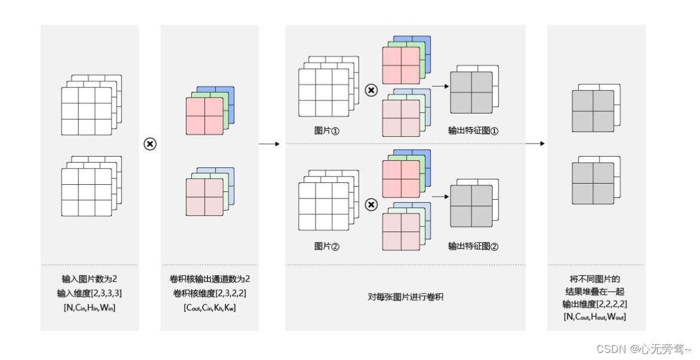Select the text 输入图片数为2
tap(90, 279)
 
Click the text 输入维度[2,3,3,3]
tap(90, 293)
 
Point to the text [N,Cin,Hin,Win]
tap(90, 307)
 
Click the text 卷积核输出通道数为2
tap(210, 279)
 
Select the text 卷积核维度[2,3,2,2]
tap(210, 293)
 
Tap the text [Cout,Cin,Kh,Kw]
tap(210, 307)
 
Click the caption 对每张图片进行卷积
tap(406, 297)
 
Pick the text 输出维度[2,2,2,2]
tap(596, 304)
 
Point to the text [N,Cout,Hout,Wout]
tap(596, 316)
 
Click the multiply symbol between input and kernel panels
tap(150, 144)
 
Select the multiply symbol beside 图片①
tap(371, 90)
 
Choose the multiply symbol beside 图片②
tap(371, 205)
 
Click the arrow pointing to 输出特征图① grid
tap(440, 86)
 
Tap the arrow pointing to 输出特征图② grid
tap(440, 196)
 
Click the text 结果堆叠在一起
tap(596, 292)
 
